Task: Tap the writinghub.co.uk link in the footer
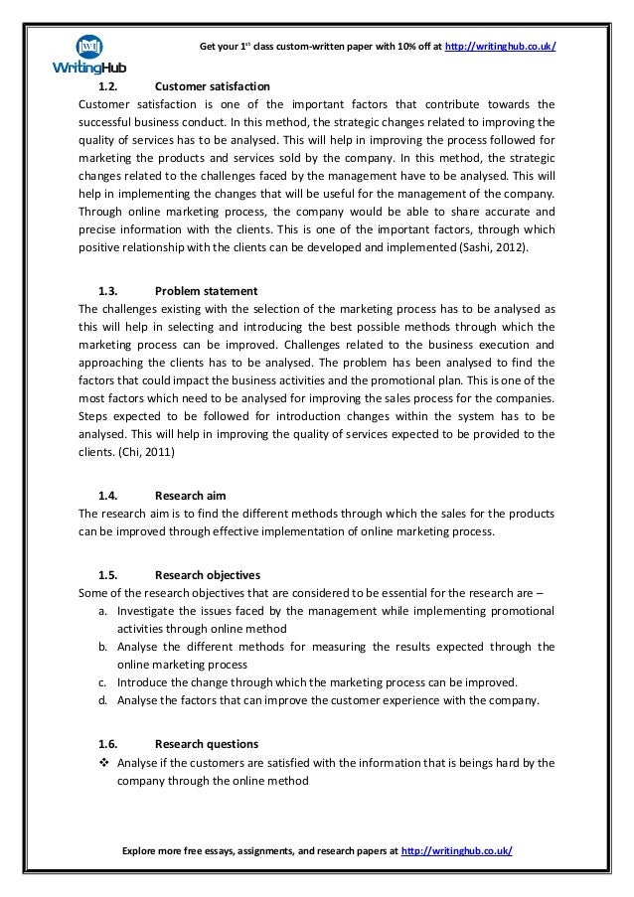(457, 852)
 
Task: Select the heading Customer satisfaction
(213, 85)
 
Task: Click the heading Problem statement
(207, 291)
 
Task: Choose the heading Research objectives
(208, 574)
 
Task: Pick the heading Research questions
(207, 743)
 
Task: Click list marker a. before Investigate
(103, 610)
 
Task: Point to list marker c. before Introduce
(103, 682)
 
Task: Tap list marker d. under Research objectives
(103, 700)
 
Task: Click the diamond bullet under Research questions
(104, 763)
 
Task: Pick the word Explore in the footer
(141, 852)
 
